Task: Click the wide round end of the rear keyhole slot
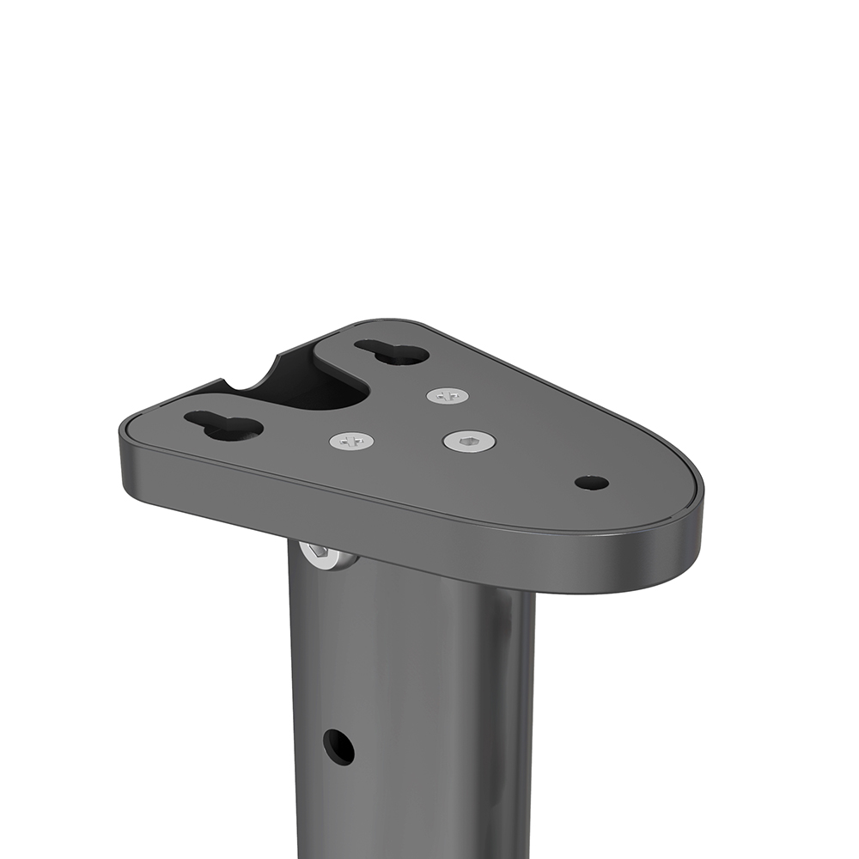coord(408,354)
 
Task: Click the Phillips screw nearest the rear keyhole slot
coord(448,396)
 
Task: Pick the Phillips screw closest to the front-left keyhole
coord(352,442)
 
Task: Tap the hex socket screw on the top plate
coord(469,442)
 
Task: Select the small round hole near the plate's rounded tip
coord(592,483)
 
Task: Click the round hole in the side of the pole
coord(338,746)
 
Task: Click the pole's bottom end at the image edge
coord(412,850)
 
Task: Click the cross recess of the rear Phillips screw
coord(448,396)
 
